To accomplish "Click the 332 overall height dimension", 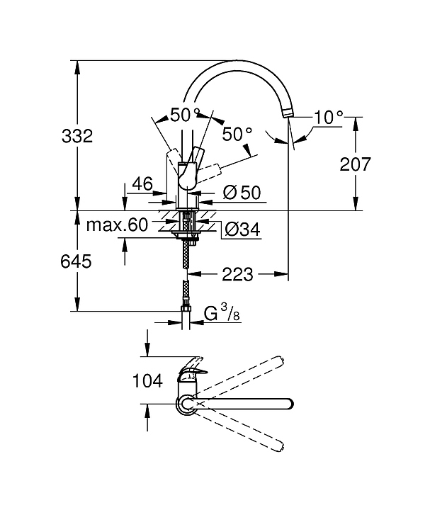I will point(77,136).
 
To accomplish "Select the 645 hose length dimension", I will point(77,261).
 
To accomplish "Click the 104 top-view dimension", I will point(148,380).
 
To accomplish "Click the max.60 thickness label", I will point(117,225).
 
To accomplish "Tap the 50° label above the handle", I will point(185,113).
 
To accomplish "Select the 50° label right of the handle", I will point(237,133).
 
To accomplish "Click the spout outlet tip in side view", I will point(288,113).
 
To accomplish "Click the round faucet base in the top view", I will point(187,404).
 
